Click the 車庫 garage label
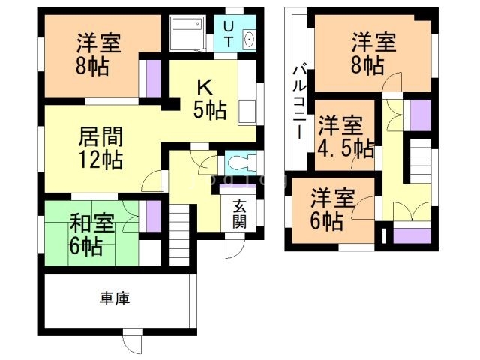click(115, 298)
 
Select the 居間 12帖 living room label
click(100, 148)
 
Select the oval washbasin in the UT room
click(249, 40)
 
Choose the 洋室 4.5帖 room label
click(343, 136)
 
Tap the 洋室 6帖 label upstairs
click(332, 209)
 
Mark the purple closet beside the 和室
click(153, 216)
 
